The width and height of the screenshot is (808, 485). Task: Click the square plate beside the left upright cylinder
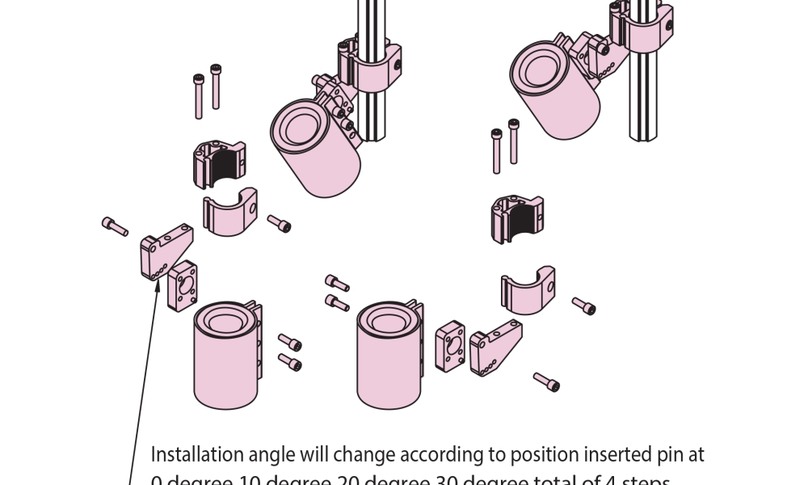(183, 285)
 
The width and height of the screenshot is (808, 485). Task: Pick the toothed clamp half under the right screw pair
(516, 217)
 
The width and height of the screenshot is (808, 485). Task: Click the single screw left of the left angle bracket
(115, 226)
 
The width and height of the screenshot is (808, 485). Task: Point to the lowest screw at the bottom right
(547, 381)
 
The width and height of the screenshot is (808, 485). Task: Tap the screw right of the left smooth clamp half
(280, 223)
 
